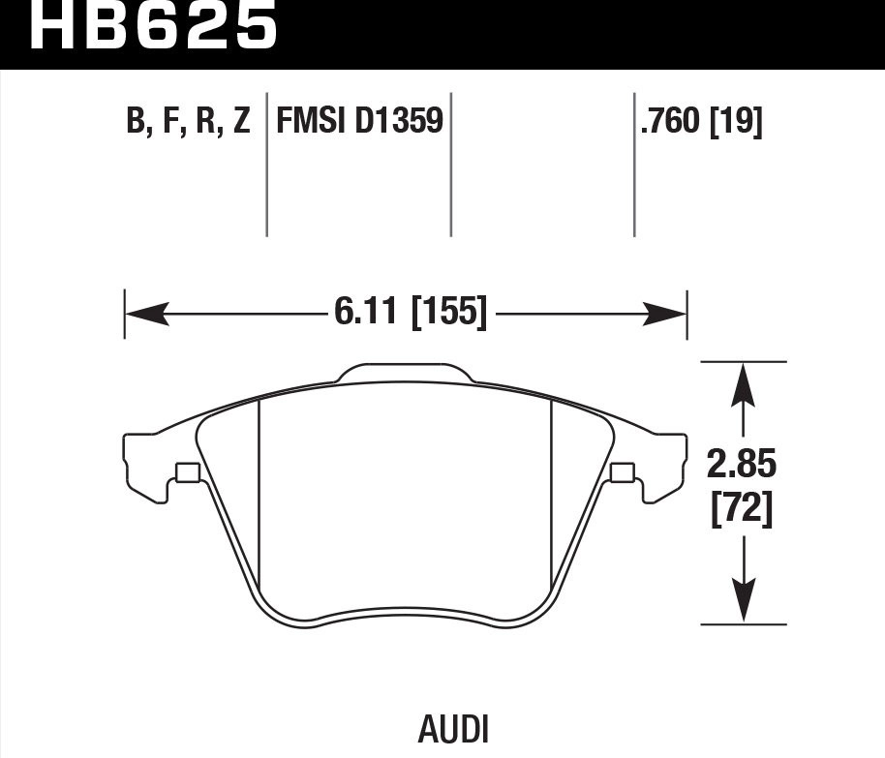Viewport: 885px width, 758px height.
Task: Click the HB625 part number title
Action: tap(154, 27)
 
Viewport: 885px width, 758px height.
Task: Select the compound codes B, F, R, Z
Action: tap(188, 122)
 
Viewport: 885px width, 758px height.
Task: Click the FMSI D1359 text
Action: tap(359, 122)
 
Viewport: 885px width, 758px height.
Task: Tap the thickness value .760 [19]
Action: tap(700, 122)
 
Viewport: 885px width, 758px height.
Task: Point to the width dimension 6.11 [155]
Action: tap(410, 313)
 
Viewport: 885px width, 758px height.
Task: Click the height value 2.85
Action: tap(742, 466)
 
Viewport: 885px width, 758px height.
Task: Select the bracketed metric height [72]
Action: tap(742, 510)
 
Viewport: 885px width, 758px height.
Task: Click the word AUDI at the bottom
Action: tap(453, 729)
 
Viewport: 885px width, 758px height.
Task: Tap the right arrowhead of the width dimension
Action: tap(665, 313)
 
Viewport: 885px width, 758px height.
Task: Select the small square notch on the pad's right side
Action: tap(624, 472)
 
